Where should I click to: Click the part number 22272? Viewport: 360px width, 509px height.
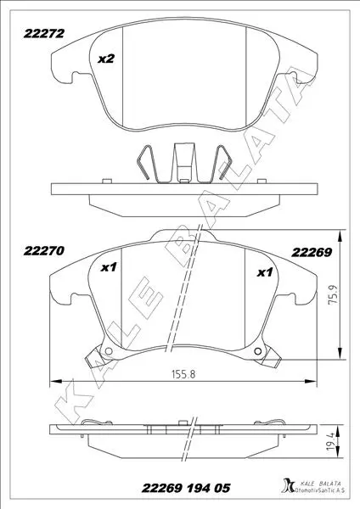pyautogui.click(x=43, y=34)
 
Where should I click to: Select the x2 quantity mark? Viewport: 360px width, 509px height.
pyautogui.click(x=106, y=59)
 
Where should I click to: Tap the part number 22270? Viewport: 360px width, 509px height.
pyautogui.click(x=43, y=251)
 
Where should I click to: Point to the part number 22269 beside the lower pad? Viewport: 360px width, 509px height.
pyautogui.click(x=312, y=252)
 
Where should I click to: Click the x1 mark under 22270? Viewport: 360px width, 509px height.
pyautogui.click(x=108, y=267)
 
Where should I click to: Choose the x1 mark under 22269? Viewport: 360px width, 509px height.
pyautogui.click(x=264, y=272)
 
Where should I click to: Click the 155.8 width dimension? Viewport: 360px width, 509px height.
pyautogui.click(x=183, y=374)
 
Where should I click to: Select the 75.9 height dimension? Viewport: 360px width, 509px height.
pyautogui.click(x=334, y=294)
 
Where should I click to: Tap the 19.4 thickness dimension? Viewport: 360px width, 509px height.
pyautogui.click(x=331, y=442)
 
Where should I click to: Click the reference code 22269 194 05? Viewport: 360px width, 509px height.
pyautogui.click(x=186, y=488)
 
